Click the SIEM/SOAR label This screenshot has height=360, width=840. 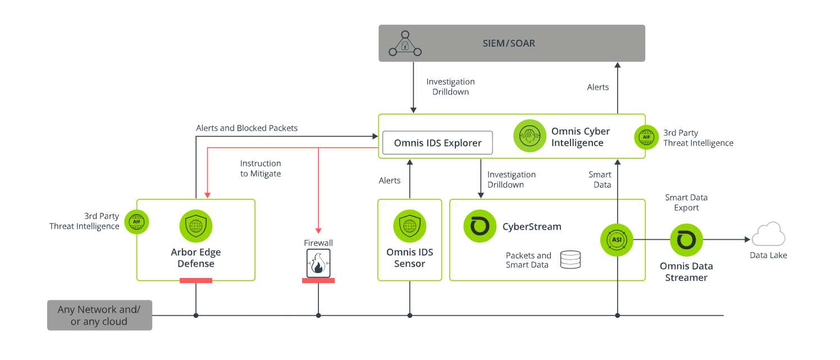pyautogui.click(x=509, y=43)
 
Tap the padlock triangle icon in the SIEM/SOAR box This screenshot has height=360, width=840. pyautogui.click(x=405, y=44)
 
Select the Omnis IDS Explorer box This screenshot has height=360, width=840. pyautogui.click(x=437, y=143)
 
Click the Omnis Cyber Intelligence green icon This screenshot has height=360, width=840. pyautogui.click(x=529, y=135)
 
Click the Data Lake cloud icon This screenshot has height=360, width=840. pyautogui.click(x=768, y=235)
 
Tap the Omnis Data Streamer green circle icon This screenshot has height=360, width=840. pyautogui.click(x=686, y=240)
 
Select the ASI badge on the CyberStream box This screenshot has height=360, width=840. pyautogui.click(x=617, y=240)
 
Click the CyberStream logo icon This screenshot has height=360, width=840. pyautogui.click(x=480, y=226)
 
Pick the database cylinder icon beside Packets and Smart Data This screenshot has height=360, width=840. pyautogui.click(x=570, y=259)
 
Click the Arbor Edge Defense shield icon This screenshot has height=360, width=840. pyautogui.click(x=195, y=226)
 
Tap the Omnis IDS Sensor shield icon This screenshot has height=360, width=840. pyautogui.click(x=409, y=226)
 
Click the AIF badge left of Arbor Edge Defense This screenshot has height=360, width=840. pyautogui.click(x=136, y=221)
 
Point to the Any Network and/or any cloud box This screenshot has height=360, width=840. pyautogui.click(x=99, y=316)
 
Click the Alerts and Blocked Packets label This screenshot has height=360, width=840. pyautogui.click(x=246, y=128)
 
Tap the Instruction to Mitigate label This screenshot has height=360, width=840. pyautogui.click(x=261, y=168)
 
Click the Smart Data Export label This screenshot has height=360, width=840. pyautogui.click(x=686, y=202)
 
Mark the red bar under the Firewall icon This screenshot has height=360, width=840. pyautogui.click(x=318, y=280)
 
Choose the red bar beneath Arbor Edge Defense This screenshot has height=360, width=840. pyautogui.click(x=196, y=280)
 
